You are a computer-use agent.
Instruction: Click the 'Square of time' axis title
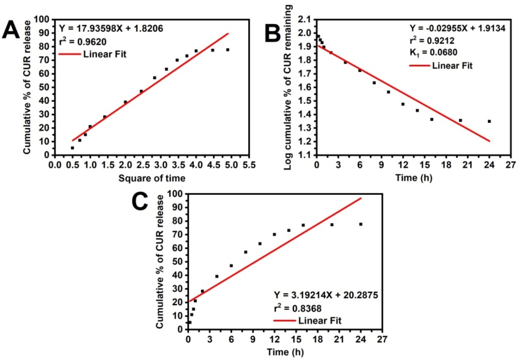tap(151, 178)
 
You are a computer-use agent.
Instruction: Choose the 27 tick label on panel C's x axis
tap(382, 340)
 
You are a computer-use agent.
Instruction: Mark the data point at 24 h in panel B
tap(489, 121)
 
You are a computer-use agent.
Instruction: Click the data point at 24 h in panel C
tap(361, 224)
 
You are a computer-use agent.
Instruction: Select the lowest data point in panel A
tap(73, 148)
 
